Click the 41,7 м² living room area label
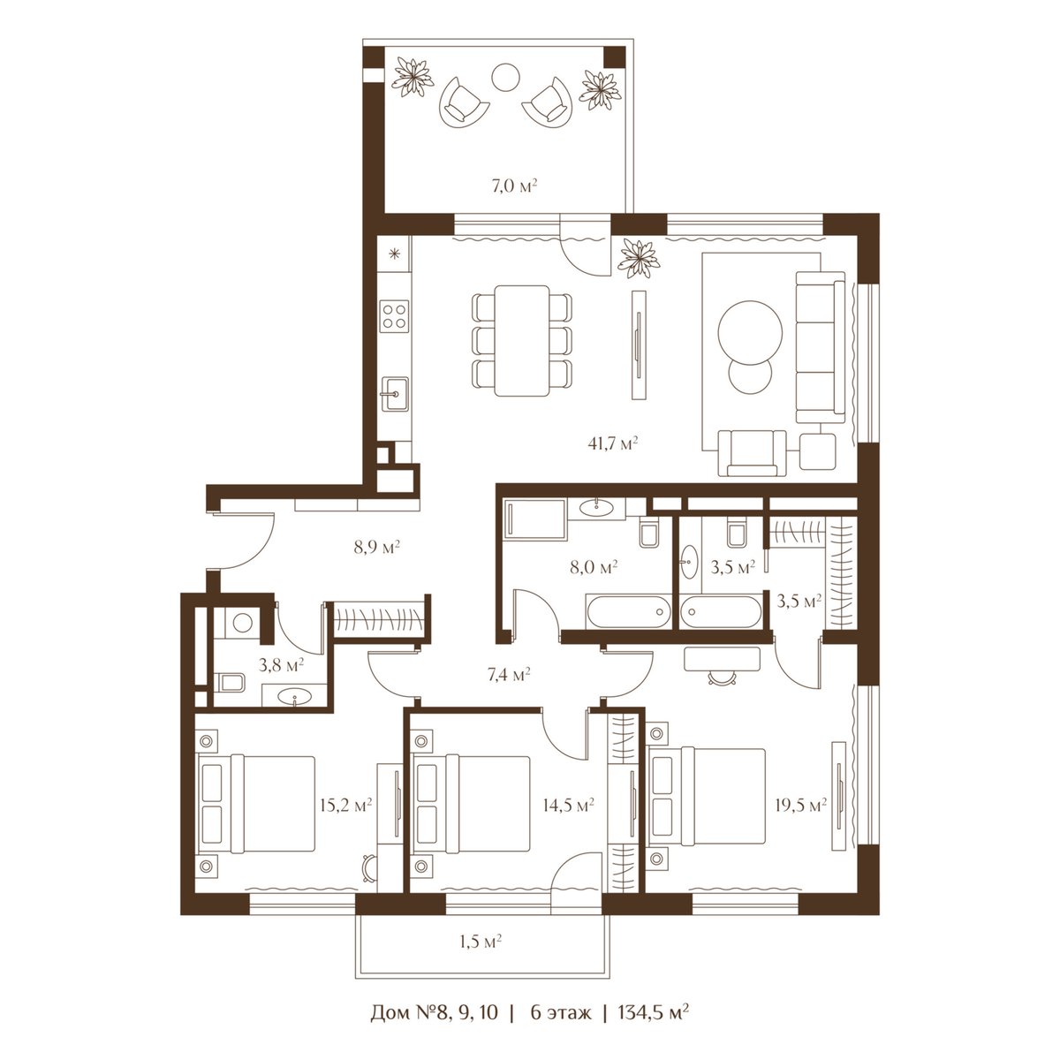point(613,443)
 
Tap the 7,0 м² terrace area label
point(514,185)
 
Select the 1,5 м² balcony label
point(481,942)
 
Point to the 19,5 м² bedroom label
point(801,806)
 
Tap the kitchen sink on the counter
point(394,394)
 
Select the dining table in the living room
point(521,340)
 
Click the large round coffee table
point(750,331)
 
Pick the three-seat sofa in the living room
point(820,347)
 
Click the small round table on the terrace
point(505,78)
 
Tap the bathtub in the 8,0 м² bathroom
point(627,611)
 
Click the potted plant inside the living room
point(639,258)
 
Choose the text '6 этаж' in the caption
point(561,1027)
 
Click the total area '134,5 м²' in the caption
point(654,1027)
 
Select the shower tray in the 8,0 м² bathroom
point(534,519)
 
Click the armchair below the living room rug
point(753,453)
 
